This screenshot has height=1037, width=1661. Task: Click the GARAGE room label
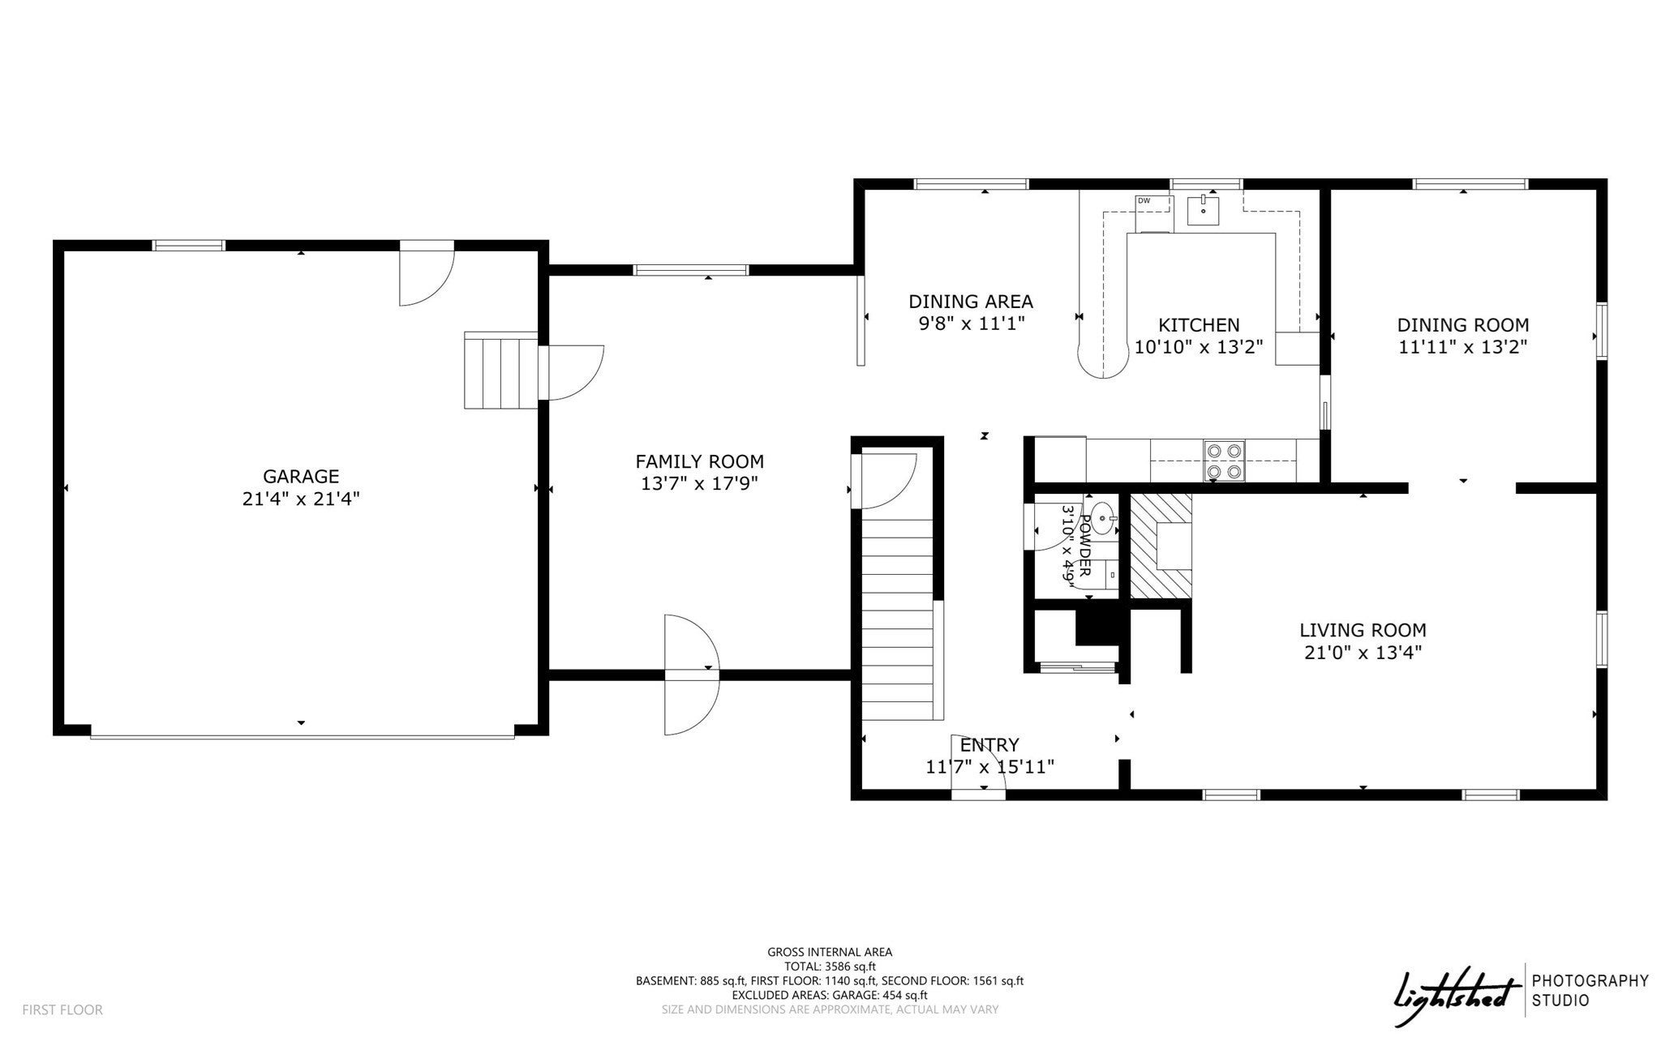tap(301, 477)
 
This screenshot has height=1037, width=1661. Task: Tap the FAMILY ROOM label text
tap(699, 462)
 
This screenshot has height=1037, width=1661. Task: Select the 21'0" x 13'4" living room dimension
tap(1363, 652)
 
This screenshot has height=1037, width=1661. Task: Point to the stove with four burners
tap(1225, 461)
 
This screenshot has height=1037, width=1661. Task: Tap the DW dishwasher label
tap(1144, 200)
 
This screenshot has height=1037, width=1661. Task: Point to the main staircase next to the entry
tap(897, 614)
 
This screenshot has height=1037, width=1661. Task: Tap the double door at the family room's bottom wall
tap(691, 675)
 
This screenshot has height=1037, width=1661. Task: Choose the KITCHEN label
tap(1199, 325)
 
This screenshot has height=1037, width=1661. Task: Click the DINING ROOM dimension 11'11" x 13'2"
tap(1463, 347)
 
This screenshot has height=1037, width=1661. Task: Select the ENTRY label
tap(989, 745)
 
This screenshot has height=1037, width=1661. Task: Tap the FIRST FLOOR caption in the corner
tap(62, 1010)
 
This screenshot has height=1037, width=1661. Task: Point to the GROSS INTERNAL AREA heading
tap(830, 953)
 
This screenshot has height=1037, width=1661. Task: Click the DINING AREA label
tap(971, 302)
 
